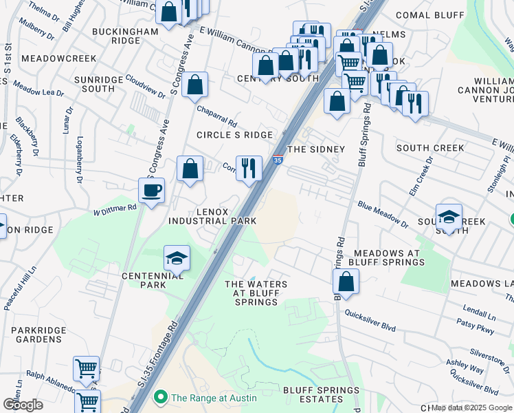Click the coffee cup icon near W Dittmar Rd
pyautogui.click(x=151, y=190)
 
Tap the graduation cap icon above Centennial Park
pyautogui.click(x=177, y=258)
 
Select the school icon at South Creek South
pyautogui.click(x=448, y=217)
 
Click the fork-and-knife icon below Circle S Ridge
pyautogui.click(x=249, y=168)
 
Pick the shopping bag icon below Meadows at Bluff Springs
pyautogui.click(x=346, y=282)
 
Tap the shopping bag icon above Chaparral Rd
pyautogui.click(x=195, y=85)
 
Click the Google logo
pyautogui.click(x=23, y=405)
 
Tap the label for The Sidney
pyautogui.click(x=315, y=149)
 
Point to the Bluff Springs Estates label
pyautogui.click(x=321, y=395)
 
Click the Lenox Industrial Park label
pyautogui.click(x=212, y=216)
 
